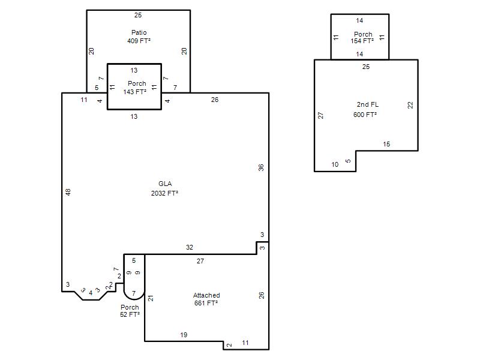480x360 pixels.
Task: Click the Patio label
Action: click(139, 32)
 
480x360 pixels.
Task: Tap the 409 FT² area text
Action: click(139, 41)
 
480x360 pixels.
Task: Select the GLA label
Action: click(165, 184)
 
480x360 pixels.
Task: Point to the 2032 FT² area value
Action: click(164, 193)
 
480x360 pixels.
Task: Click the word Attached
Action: click(206, 295)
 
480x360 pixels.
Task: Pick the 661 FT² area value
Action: click(206, 303)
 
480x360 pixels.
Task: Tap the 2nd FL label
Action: click(368, 104)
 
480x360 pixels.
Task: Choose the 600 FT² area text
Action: click(365, 115)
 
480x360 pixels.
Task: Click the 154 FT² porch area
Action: click(362, 41)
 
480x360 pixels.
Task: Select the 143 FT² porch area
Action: click(134, 92)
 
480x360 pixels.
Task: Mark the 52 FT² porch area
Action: click(130, 314)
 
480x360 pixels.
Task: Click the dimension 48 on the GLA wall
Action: click(68, 192)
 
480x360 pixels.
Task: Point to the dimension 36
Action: click(261, 168)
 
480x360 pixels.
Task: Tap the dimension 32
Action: click(190, 247)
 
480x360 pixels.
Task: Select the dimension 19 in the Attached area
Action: click(184, 335)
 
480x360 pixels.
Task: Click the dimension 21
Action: click(151, 298)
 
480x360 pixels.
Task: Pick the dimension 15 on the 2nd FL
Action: click(386, 144)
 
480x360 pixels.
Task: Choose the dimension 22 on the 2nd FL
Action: click(410, 105)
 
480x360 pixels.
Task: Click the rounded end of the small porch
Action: click(134, 299)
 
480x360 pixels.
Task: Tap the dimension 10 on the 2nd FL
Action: click(335, 164)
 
